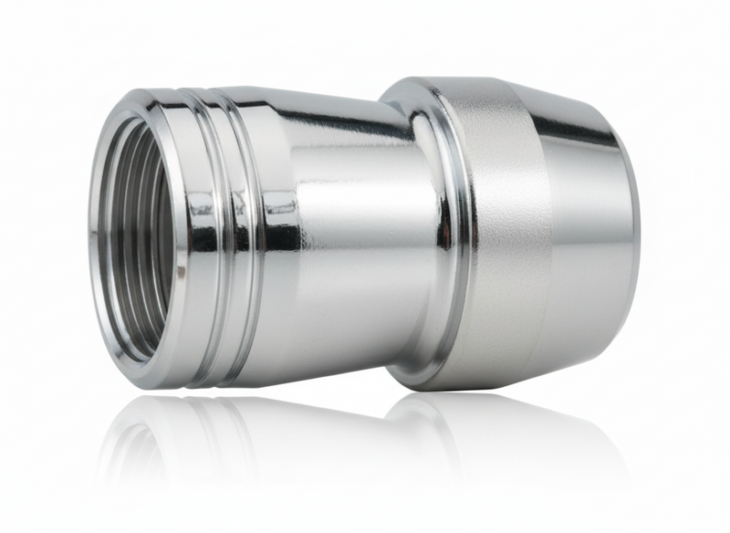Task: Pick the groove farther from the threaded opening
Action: coord(225,228)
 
